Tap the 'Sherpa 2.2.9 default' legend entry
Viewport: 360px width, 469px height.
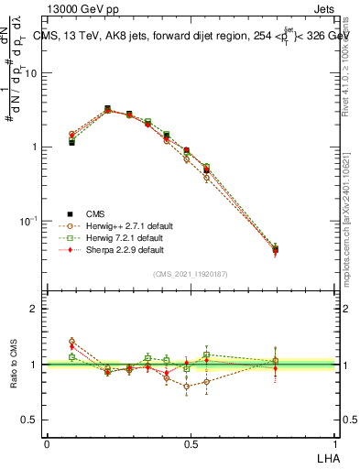coord(114,249)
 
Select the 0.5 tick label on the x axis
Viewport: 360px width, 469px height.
coord(191,444)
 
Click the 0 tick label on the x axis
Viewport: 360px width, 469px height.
coord(48,444)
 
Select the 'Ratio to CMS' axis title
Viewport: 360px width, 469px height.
coord(12,365)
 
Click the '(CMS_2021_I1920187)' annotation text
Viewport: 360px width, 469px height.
coord(190,273)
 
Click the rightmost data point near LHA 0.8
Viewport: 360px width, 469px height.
coord(275,248)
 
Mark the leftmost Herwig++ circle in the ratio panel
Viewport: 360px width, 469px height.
coord(71,342)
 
